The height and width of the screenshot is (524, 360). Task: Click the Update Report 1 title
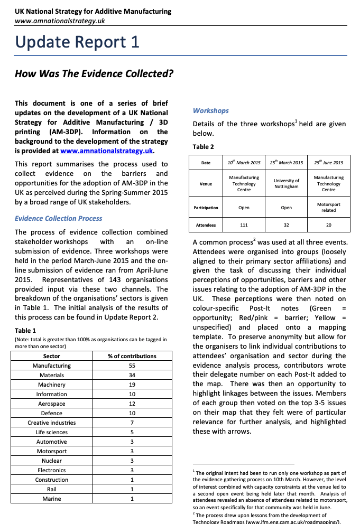click(77, 42)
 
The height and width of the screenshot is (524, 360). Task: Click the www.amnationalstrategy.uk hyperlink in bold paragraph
click(106, 151)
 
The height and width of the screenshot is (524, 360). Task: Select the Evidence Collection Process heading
click(59, 218)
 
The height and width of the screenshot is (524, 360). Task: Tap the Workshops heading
click(211, 110)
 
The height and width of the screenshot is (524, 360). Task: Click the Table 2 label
click(204, 147)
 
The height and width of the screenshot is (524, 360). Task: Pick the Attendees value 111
click(244, 225)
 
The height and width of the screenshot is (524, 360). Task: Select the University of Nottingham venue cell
click(286, 184)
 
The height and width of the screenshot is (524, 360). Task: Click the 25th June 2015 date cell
click(328, 163)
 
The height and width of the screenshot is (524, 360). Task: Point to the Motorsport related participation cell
click(328, 207)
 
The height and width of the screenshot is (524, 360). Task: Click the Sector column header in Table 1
click(51, 356)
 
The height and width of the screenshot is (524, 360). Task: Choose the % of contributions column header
click(132, 356)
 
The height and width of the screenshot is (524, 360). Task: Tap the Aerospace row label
click(51, 404)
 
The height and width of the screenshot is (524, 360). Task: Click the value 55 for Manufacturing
click(132, 366)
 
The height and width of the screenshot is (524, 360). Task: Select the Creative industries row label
click(51, 423)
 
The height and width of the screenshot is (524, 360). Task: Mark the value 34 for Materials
click(132, 375)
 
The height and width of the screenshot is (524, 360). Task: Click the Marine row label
click(51, 499)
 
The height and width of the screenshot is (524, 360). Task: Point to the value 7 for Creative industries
click(132, 423)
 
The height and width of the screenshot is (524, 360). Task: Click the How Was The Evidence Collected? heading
click(94, 73)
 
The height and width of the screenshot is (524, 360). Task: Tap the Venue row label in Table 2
click(206, 184)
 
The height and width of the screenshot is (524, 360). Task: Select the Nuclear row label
click(51, 461)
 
